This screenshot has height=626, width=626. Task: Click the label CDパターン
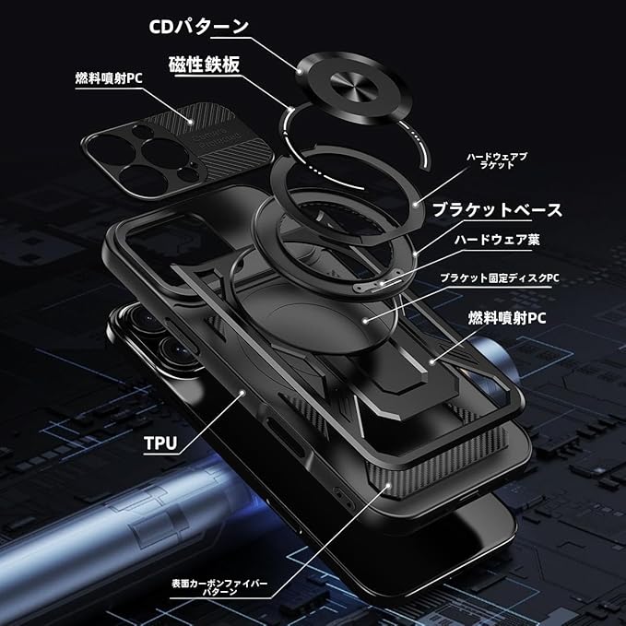[199, 25]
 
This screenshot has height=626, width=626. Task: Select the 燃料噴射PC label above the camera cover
[108, 77]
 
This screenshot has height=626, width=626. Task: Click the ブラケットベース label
[497, 209]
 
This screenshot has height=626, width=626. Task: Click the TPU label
[160, 442]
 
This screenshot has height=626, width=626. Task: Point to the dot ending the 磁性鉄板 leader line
[292, 109]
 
